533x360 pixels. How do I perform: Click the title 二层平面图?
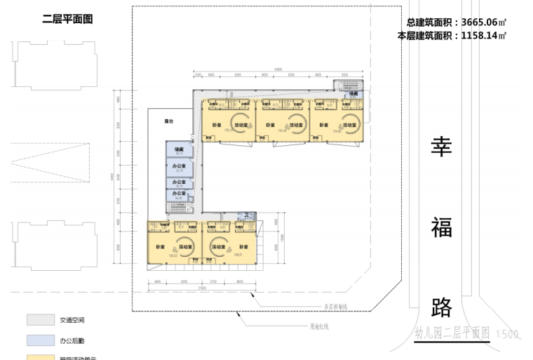click(x=67, y=20)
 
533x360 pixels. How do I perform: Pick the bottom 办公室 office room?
click(x=179, y=194)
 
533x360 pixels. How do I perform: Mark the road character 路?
click(x=442, y=307)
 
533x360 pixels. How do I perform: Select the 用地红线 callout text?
click(x=320, y=326)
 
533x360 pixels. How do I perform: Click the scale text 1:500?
click(x=506, y=334)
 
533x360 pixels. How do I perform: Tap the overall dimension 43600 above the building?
click(x=278, y=69)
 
